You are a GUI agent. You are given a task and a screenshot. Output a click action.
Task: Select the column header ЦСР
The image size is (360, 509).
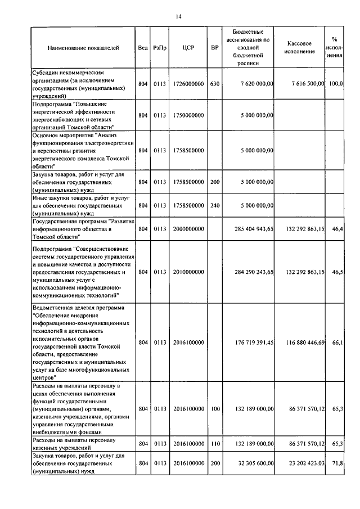(188, 48)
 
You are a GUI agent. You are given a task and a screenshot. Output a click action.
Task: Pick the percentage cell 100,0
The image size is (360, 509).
(336, 84)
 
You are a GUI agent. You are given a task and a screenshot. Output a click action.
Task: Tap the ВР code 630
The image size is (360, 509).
(214, 84)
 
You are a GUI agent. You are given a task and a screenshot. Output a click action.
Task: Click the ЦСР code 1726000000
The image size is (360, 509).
(188, 84)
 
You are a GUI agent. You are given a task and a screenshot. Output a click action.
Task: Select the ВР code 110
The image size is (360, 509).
(214, 444)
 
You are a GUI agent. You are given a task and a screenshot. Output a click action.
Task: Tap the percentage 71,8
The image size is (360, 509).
(337, 463)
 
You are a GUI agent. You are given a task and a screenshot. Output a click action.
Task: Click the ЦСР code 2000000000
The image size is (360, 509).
(188, 229)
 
